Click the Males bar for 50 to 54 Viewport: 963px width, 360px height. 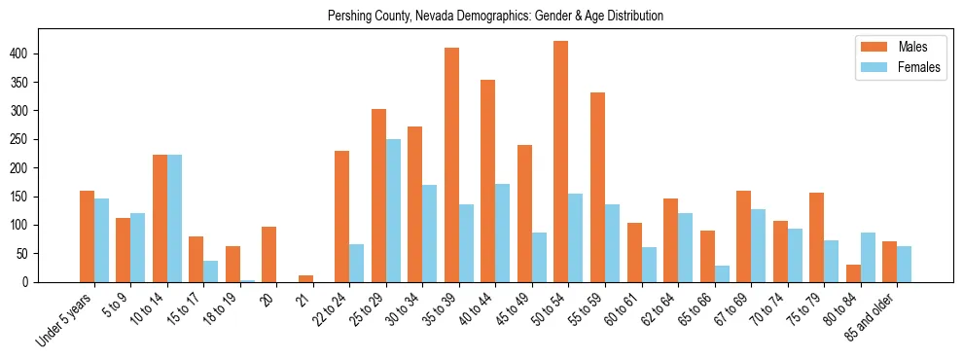pos(561,162)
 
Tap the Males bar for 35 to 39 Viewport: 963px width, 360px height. pos(451,164)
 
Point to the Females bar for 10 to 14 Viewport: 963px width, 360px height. pos(174,218)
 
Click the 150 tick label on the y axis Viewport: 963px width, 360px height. pos(22,197)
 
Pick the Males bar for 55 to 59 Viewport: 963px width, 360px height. pos(597,187)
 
